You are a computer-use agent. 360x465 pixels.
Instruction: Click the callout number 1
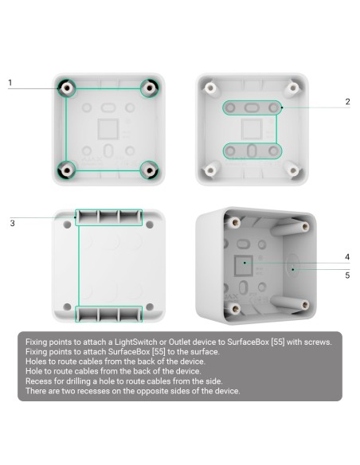pos(10,82)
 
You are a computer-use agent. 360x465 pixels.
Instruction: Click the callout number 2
pos(348,101)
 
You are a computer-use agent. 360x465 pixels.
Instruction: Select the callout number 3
pos(12,223)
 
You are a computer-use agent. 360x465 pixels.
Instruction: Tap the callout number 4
pos(347,257)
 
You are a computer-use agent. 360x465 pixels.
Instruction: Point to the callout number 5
pos(347,275)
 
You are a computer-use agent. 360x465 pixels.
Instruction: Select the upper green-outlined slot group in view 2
pos(250,107)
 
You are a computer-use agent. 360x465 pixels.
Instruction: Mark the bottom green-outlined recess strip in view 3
pos(108,313)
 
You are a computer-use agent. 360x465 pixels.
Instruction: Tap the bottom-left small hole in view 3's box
pos(65,308)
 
